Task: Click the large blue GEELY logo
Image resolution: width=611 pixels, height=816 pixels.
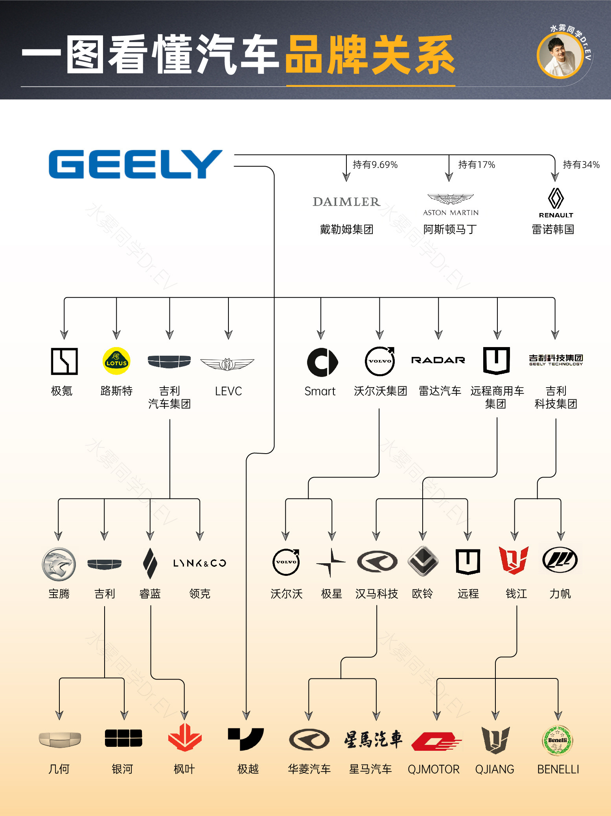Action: point(135,164)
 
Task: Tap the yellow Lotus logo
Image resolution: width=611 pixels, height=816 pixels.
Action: point(116,361)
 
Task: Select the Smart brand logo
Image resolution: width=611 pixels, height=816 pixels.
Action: point(322,362)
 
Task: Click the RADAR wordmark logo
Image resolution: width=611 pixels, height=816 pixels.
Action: point(438,360)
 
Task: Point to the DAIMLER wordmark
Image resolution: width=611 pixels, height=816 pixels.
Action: point(346,202)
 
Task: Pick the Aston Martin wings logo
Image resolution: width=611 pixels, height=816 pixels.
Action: point(451,199)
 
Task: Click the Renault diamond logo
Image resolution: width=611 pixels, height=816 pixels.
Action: point(556,198)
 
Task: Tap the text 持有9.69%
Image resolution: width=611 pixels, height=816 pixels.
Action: point(375,165)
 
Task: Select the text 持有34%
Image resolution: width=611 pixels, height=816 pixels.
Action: point(581,165)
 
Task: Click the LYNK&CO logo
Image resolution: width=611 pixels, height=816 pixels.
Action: point(200,563)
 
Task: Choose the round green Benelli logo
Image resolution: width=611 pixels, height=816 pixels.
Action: point(558,741)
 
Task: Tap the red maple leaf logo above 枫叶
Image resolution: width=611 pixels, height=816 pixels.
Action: point(184,738)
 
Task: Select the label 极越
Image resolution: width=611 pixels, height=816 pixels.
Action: point(248,769)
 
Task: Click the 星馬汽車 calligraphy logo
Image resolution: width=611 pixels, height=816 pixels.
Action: point(373,739)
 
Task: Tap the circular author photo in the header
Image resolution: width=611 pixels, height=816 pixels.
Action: point(560,55)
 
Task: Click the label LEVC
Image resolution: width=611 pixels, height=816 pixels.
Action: point(228,391)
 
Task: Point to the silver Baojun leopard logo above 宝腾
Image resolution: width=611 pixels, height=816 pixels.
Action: point(59,564)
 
